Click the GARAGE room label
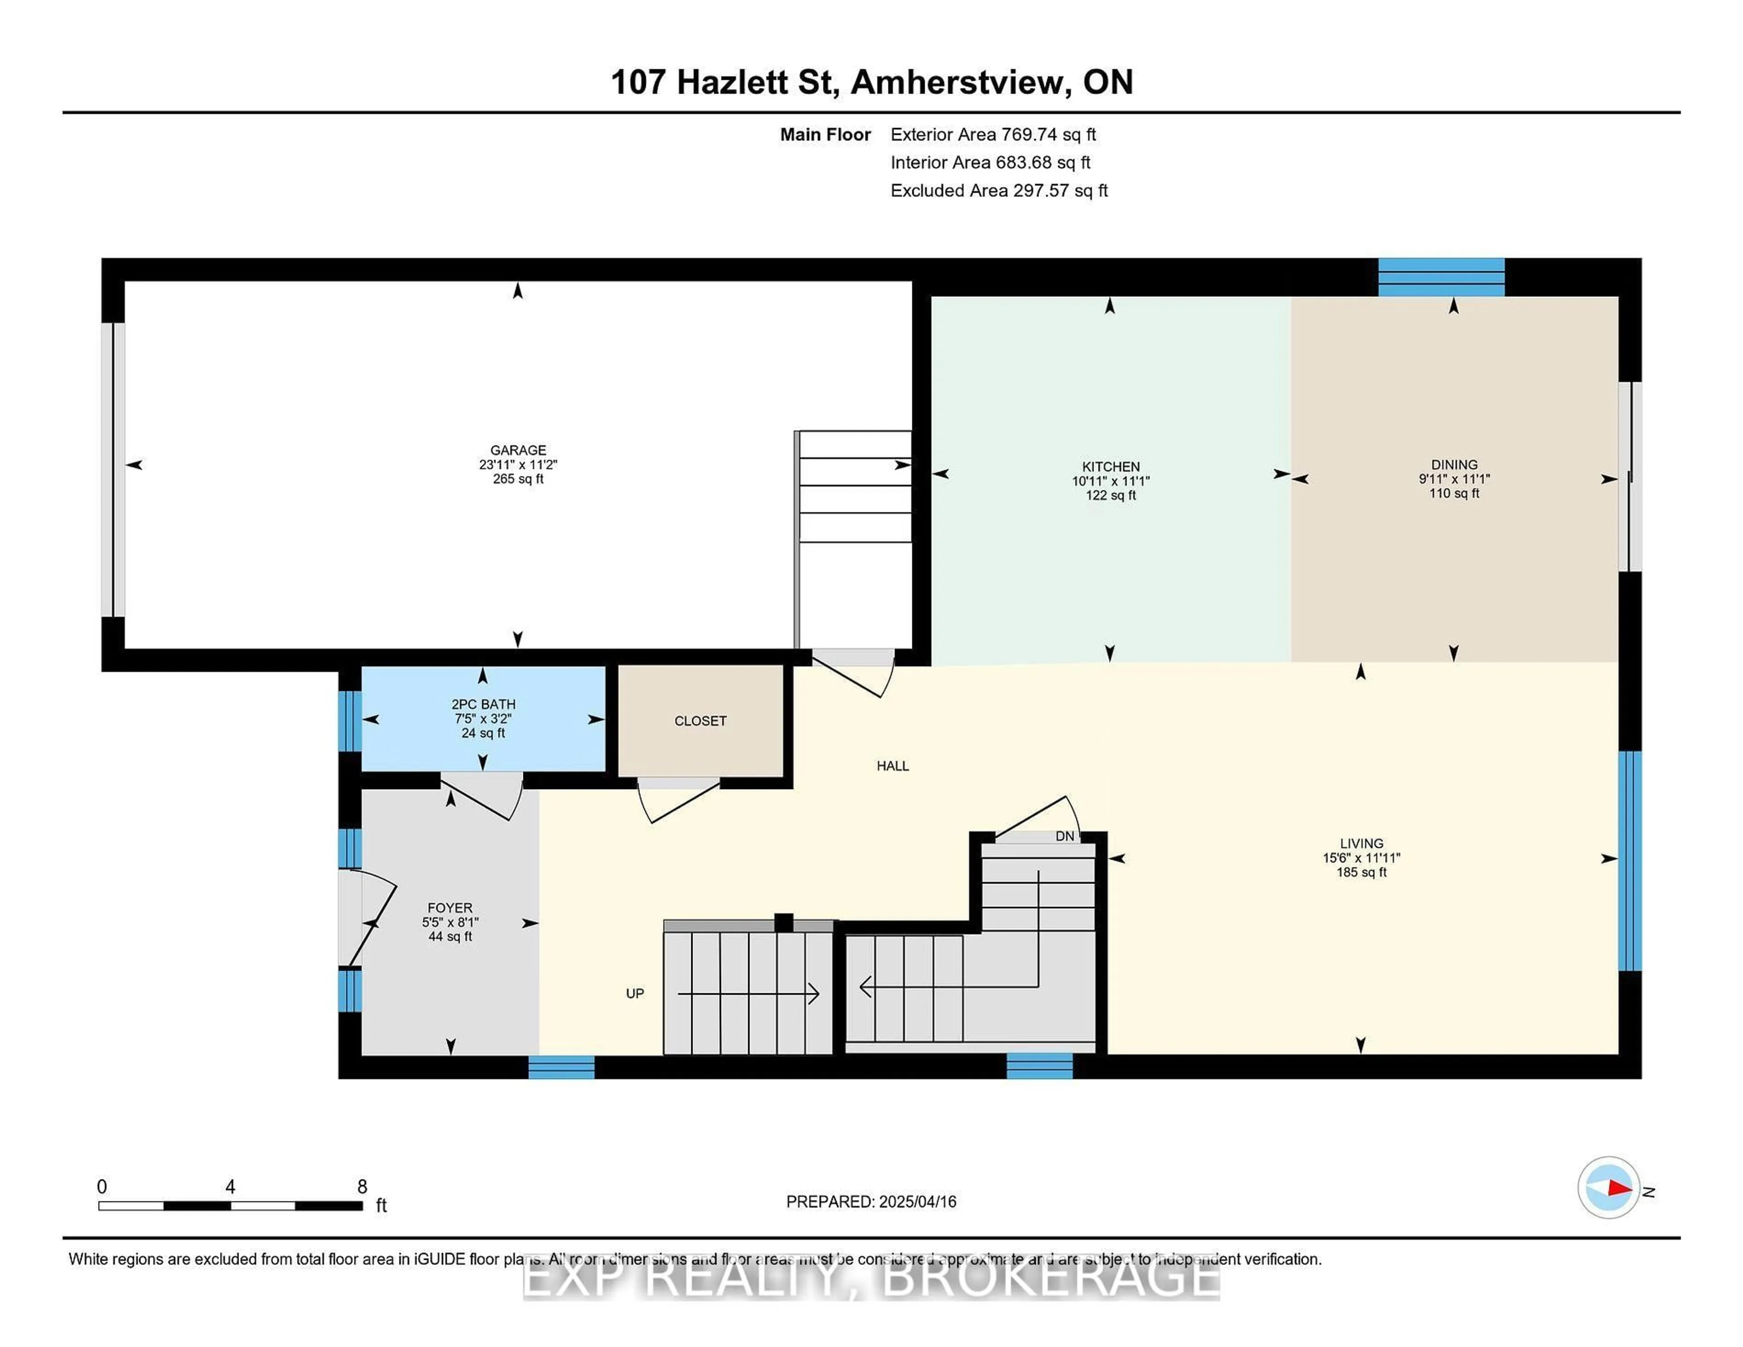tap(518, 450)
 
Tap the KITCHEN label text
tap(1110, 466)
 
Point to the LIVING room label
tap(1362, 843)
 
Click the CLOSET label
tap(700, 721)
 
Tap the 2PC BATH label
tap(483, 704)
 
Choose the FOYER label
tap(450, 908)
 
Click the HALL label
tap(892, 766)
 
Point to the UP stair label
tap(635, 993)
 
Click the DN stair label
tap(1064, 836)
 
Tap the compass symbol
tap(1608, 1187)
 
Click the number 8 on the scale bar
tap(362, 1186)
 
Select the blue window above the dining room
tap(1441, 277)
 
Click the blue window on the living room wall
tap(1630, 861)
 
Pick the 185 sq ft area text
tap(1362, 872)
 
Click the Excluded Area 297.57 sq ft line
tap(999, 191)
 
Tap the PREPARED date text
tap(871, 1202)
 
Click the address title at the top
tap(871, 82)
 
